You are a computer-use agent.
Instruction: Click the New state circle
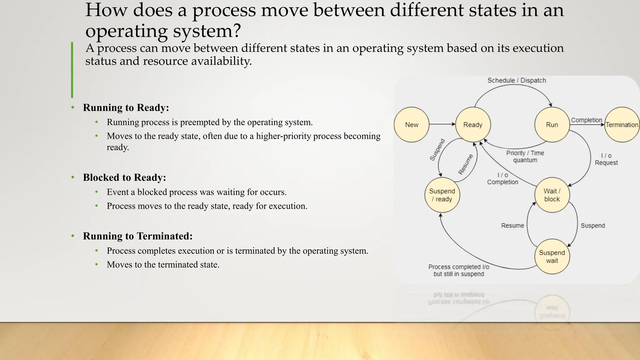pos(411,125)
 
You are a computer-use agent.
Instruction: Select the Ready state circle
pos(473,125)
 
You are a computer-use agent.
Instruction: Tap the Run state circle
pos(552,125)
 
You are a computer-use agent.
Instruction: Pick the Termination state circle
pos(622,125)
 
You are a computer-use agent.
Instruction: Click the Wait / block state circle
pos(552,195)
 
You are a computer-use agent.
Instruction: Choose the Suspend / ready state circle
pos(442,195)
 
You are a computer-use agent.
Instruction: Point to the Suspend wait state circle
pos(552,257)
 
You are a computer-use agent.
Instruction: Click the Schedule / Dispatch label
pos(517,80)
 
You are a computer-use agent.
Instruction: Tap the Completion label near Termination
pos(586,120)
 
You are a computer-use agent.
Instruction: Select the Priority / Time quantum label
pos(525,156)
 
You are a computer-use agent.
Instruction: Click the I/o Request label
pos(606,159)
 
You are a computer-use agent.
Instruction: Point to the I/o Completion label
pos(502,178)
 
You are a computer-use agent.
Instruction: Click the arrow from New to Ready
pos(442,124)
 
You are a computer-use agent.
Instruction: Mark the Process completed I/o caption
pos(458,270)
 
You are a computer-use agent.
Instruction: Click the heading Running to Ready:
pos(126,107)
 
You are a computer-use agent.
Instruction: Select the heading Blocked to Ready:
pos(124,177)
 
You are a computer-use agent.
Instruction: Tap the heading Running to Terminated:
pos(137,236)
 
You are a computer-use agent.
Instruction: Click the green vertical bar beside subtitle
pos(72,70)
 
